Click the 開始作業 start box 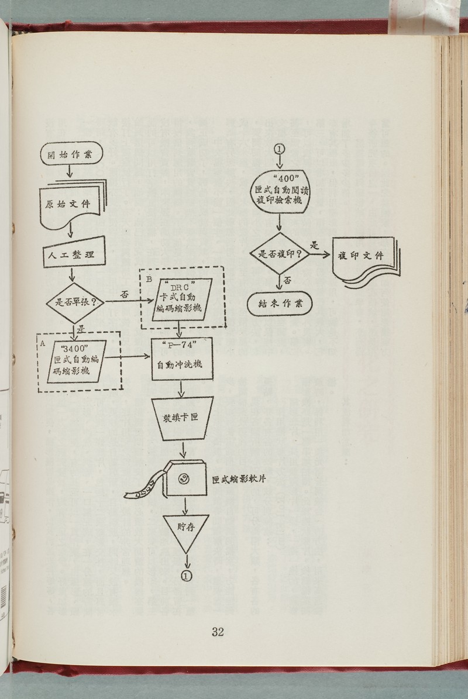[x=72, y=155]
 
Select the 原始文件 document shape [x=73, y=205]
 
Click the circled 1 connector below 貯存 [x=187, y=576]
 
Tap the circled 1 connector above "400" [x=278, y=148]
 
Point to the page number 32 [x=218, y=631]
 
